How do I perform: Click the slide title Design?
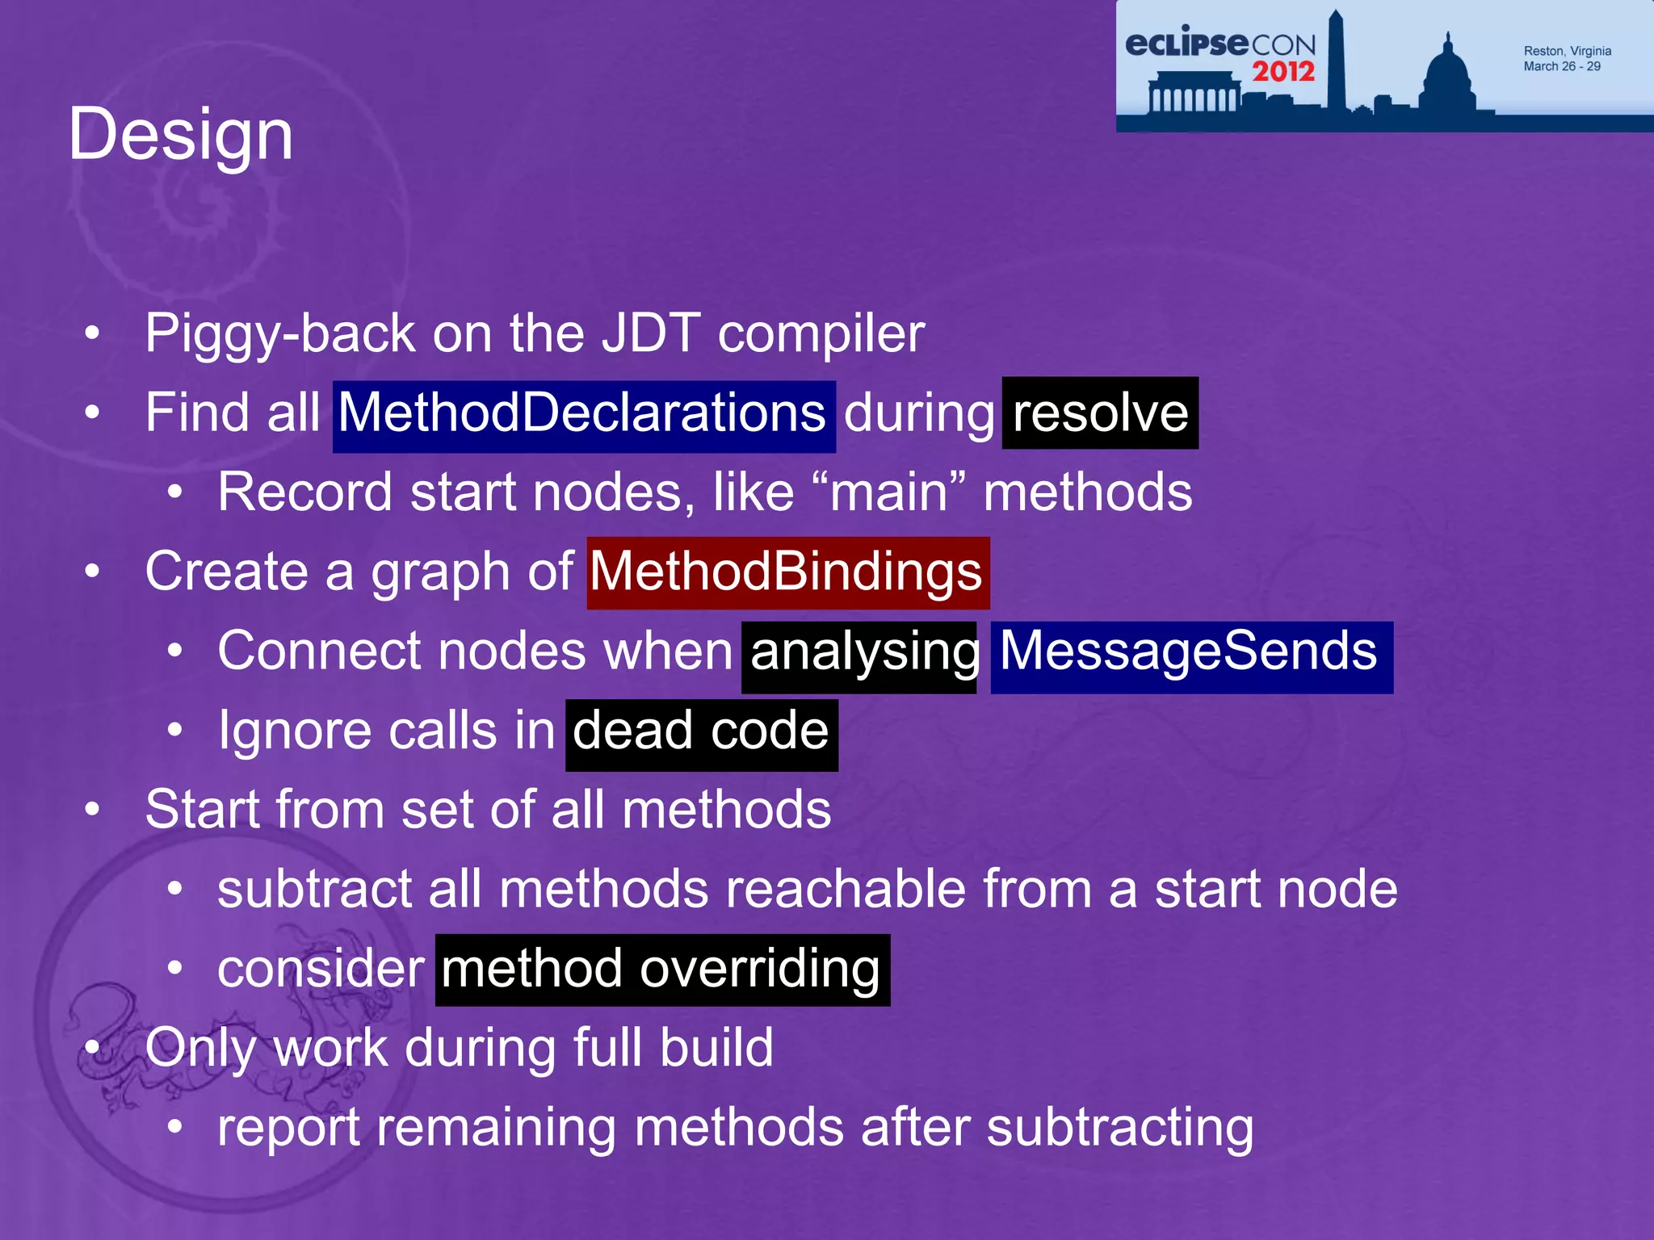[x=180, y=135]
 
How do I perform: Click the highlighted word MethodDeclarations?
[x=583, y=414]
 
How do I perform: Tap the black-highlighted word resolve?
[x=1100, y=413]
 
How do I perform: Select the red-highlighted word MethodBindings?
[x=787, y=572]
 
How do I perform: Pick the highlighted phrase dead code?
[x=701, y=731]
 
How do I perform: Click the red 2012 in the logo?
[x=1283, y=72]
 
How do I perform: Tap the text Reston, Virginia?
[x=1567, y=51]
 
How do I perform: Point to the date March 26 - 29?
[x=1562, y=66]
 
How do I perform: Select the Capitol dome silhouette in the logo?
[x=1446, y=77]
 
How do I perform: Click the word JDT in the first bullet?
[x=652, y=333]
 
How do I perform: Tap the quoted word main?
[x=888, y=492]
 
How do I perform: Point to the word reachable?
[x=845, y=890]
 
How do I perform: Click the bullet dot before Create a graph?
[x=93, y=572]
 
